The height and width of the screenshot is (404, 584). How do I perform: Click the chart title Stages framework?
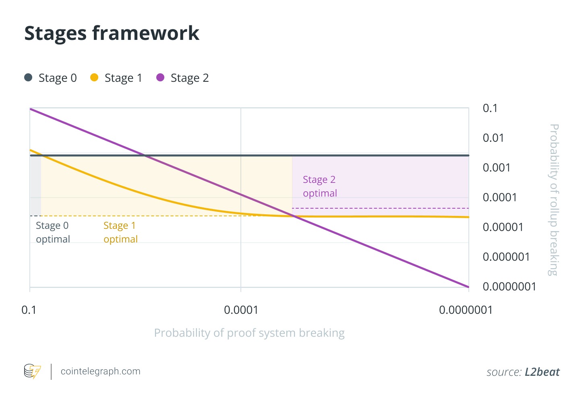point(112,33)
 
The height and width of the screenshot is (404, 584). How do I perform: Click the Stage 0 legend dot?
point(28,77)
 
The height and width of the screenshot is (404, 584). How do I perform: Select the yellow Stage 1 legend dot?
point(94,77)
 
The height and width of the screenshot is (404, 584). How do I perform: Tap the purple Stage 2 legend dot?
point(160,77)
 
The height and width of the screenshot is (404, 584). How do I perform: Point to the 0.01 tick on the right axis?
point(493,138)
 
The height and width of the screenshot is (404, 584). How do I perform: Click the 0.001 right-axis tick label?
point(496,168)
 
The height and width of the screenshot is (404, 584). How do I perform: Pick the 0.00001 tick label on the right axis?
point(503,227)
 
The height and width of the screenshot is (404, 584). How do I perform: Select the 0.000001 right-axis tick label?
point(506,257)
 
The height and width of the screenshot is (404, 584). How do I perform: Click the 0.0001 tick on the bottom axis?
point(241,310)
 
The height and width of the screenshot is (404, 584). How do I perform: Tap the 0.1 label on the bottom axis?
point(29,310)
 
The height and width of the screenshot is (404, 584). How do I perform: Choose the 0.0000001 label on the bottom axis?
point(466,310)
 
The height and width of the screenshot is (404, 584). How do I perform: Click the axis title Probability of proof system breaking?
point(249,333)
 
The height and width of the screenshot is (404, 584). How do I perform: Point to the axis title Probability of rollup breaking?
point(554,200)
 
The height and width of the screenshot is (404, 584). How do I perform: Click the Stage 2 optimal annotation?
point(320,186)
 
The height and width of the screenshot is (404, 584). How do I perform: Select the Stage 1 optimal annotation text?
point(120,232)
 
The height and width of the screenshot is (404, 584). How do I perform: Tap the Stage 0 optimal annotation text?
point(53,232)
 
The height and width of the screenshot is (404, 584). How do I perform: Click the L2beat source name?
point(542,372)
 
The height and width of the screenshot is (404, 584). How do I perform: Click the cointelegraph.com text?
point(100,371)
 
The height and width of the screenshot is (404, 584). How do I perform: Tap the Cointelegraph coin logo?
point(32,371)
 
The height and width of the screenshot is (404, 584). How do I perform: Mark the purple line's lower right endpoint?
point(468,287)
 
